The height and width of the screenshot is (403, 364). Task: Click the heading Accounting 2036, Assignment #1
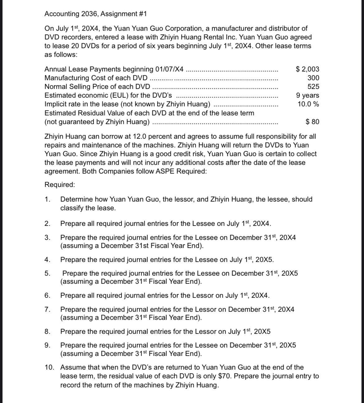(96, 14)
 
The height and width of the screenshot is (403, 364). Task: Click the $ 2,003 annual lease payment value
(307, 69)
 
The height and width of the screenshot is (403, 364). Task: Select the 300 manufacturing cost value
(313, 78)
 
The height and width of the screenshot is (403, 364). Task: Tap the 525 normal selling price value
(313, 87)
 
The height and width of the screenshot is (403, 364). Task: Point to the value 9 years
(307, 95)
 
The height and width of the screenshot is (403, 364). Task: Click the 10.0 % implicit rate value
(308, 104)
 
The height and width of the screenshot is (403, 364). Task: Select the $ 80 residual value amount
(312, 122)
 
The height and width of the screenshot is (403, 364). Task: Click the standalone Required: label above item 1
(60, 185)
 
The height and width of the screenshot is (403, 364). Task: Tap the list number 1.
(47, 199)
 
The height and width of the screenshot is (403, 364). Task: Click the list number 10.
(49, 368)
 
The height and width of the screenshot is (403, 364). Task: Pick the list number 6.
(47, 295)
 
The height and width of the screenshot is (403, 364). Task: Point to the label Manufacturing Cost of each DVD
(96, 78)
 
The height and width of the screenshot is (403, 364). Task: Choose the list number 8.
(47, 331)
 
